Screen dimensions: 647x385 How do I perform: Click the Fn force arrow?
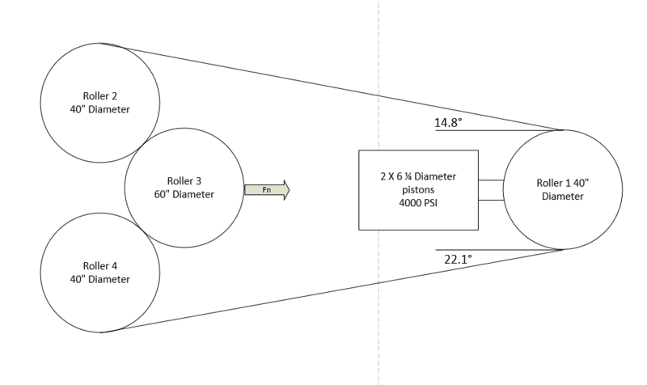pyautogui.click(x=267, y=190)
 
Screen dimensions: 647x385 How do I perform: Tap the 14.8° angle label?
pyautogui.click(x=448, y=123)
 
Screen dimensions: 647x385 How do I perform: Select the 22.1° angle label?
pyautogui.click(x=458, y=259)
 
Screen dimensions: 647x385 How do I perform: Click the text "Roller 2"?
pyautogui.click(x=100, y=95)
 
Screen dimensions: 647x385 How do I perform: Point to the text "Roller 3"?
pyautogui.click(x=184, y=180)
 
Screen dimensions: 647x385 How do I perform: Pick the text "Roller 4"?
pyautogui.click(x=100, y=266)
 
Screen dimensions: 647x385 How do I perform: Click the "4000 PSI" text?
pyautogui.click(x=418, y=202)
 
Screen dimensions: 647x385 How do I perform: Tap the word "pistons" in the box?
pyautogui.click(x=418, y=190)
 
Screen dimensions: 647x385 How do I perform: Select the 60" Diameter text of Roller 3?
pyautogui.click(x=184, y=194)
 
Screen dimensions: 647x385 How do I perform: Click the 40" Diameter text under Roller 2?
pyautogui.click(x=99, y=109)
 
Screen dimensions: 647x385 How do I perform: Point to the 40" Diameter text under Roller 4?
pyautogui.click(x=99, y=279)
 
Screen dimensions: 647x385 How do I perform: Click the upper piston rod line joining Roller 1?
pyautogui.click(x=491, y=180)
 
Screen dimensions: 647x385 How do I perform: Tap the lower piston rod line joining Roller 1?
pyautogui.click(x=491, y=200)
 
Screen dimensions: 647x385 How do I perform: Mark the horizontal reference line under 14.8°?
pyautogui.click(x=499, y=130)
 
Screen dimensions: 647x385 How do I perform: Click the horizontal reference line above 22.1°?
pyautogui.click(x=499, y=250)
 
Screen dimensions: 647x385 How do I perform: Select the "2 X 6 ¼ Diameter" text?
pyautogui.click(x=418, y=176)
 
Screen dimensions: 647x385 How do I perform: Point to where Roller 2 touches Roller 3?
pyautogui.click(x=142, y=145)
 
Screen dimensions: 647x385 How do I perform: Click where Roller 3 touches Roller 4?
pyautogui.click(x=142, y=231)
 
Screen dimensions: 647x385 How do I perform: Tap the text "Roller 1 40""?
pyautogui.click(x=562, y=183)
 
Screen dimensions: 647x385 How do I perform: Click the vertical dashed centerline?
pyautogui.click(x=378, y=192)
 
